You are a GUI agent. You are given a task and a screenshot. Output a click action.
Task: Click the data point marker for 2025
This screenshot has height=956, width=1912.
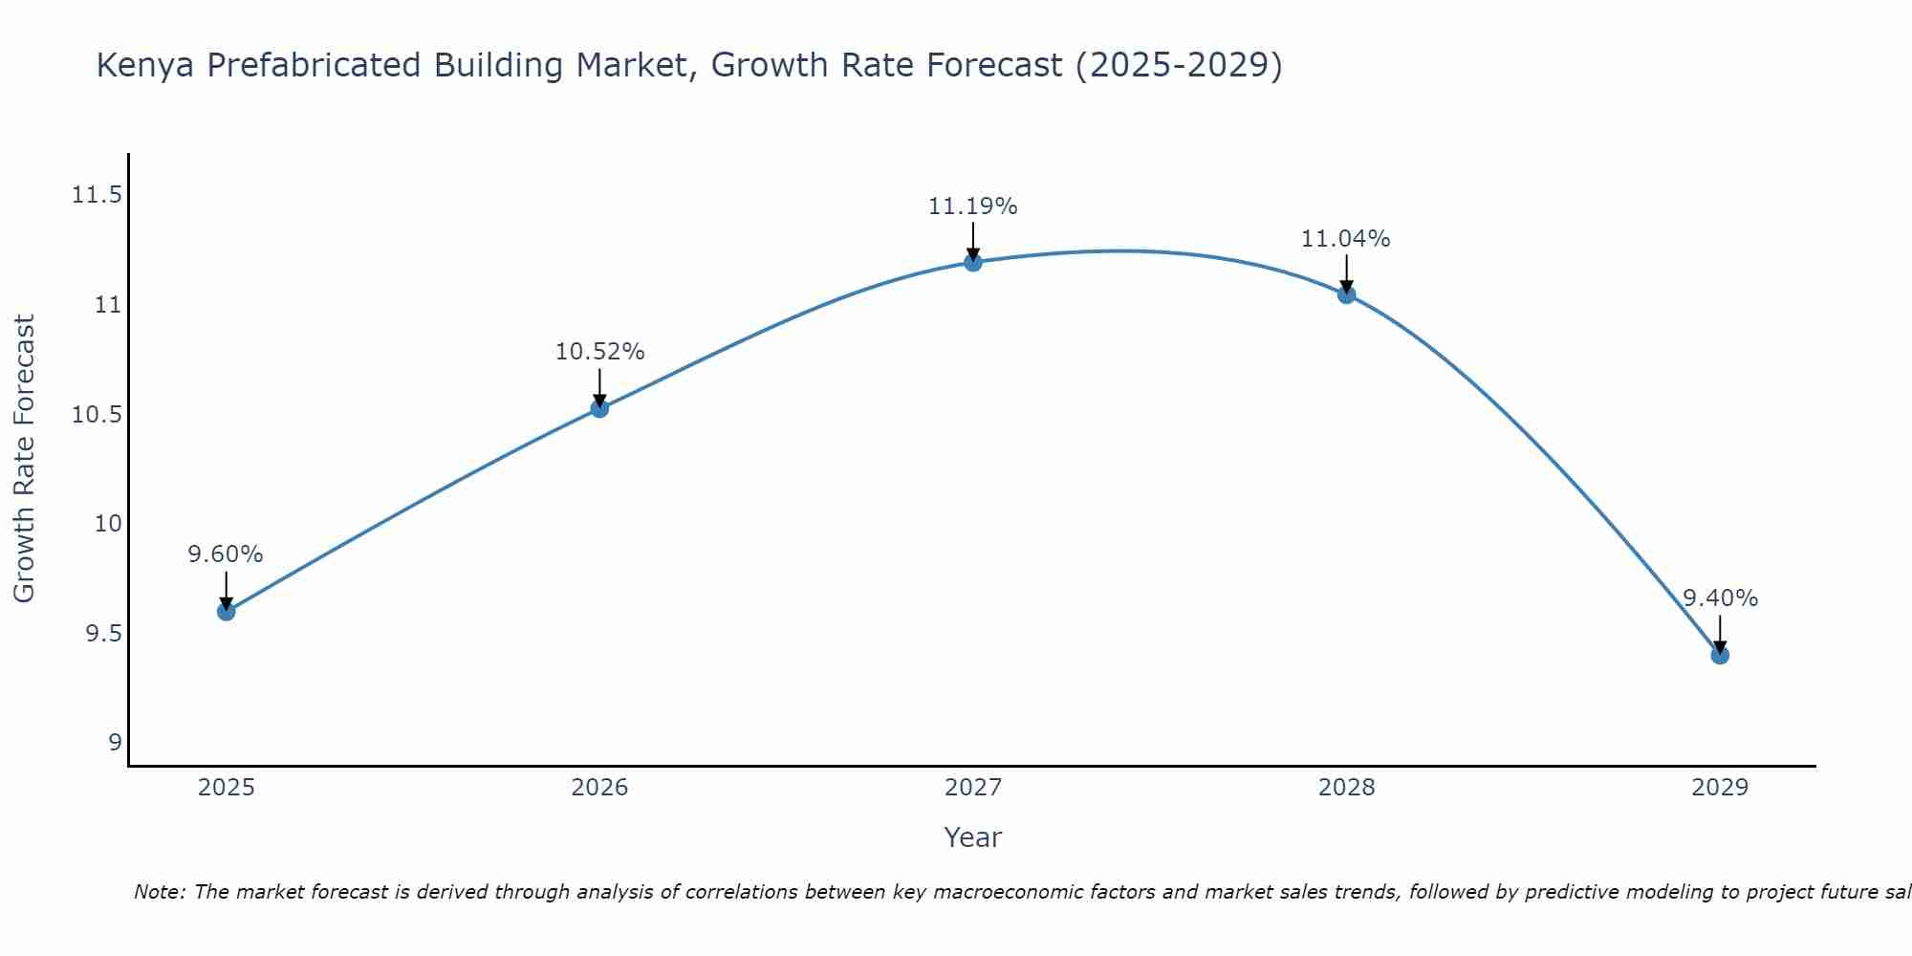[x=227, y=611]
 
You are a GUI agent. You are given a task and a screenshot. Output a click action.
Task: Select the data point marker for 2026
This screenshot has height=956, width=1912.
[x=599, y=408]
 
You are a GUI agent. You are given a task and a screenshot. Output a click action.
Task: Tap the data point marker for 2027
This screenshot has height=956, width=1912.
[x=973, y=262]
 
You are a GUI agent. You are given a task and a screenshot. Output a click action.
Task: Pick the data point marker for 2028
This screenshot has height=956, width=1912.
[x=1346, y=294]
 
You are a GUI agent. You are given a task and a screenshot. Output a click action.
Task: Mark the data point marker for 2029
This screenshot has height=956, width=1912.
[x=1720, y=655]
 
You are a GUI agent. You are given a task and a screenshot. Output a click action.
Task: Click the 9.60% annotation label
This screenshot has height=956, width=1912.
[x=226, y=554]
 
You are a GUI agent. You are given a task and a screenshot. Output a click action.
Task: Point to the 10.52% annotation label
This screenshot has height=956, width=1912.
[x=599, y=352]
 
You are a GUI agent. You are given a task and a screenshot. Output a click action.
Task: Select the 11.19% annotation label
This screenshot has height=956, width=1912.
[x=973, y=206]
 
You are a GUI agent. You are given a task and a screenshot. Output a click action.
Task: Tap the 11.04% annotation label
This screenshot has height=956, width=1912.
[x=1346, y=238]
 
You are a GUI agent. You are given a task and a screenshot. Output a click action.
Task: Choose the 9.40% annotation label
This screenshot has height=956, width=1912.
[x=1720, y=598]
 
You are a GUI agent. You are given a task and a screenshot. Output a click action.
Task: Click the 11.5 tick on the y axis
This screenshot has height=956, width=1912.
[x=97, y=195]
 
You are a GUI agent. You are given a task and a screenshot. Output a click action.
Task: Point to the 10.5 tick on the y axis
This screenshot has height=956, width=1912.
[x=97, y=415]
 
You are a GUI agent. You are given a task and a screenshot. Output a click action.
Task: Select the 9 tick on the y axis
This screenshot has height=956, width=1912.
[x=115, y=743]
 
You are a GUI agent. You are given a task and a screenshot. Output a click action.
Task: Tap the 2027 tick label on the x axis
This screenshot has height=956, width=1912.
[x=973, y=788]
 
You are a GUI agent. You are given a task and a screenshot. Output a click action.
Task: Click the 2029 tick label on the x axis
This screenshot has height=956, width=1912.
[x=1720, y=788]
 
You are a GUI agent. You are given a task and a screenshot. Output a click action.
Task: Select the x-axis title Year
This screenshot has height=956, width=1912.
[x=973, y=837]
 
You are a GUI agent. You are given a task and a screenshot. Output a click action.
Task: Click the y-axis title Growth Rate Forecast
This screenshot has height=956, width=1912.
[x=24, y=458]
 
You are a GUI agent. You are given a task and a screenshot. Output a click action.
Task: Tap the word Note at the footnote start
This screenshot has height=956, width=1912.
[x=158, y=892]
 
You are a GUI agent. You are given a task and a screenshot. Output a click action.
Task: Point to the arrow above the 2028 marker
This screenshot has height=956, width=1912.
[x=1346, y=272]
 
